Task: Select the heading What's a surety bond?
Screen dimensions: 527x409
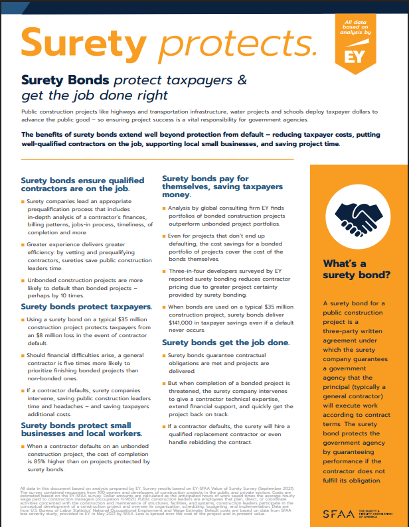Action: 357,268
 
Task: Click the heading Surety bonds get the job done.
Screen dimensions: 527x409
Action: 226,342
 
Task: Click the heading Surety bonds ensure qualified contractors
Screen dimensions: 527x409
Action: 82,185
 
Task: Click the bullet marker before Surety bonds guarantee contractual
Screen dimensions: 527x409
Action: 163,356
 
